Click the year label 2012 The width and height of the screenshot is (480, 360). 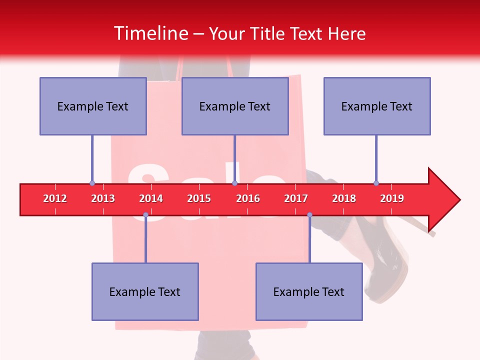pyautogui.click(x=55, y=198)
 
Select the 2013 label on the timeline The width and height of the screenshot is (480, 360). pyautogui.click(x=103, y=198)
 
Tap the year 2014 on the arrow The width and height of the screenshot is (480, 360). pyautogui.click(x=151, y=198)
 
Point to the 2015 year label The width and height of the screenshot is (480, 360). pyautogui.click(x=199, y=198)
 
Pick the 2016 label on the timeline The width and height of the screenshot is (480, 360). pyautogui.click(x=248, y=198)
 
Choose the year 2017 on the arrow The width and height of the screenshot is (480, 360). pyautogui.click(x=296, y=198)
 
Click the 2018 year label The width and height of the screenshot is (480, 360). pyautogui.click(x=344, y=198)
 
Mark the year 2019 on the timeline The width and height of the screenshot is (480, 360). pyautogui.click(x=392, y=198)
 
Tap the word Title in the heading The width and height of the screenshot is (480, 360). pyautogui.click(x=268, y=33)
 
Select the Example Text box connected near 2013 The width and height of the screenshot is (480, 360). pyautogui.click(x=93, y=106)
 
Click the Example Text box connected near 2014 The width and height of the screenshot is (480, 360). pyautogui.click(x=145, y=291)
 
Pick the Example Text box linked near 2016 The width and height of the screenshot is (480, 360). pyautogui.click(x=235, y=106)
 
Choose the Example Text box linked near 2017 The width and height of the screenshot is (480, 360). pyautogui.click(x=309, y=291)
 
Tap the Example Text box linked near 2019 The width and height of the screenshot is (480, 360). pyautogui.click(x=377, y=106)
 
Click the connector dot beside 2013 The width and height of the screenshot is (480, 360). pyautogui.click(x=92, y=183)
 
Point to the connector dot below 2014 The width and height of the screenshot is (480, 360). pyautogui.click(x=145, y=215)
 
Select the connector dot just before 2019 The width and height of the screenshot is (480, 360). pyautogui.click(x=376, y=183)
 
